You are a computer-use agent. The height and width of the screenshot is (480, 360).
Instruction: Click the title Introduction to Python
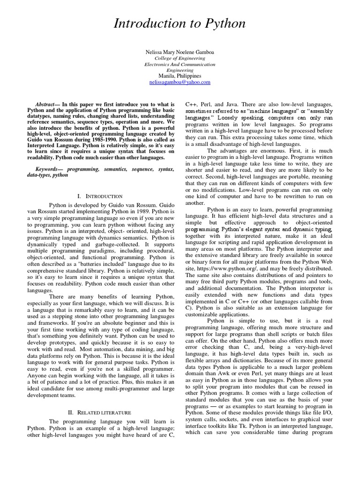coord(180,23)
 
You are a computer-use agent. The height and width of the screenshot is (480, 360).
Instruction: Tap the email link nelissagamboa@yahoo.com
coord(180,82)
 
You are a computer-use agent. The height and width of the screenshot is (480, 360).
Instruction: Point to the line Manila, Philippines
coord(180,76)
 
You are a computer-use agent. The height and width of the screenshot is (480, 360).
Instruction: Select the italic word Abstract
coord(45,104)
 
